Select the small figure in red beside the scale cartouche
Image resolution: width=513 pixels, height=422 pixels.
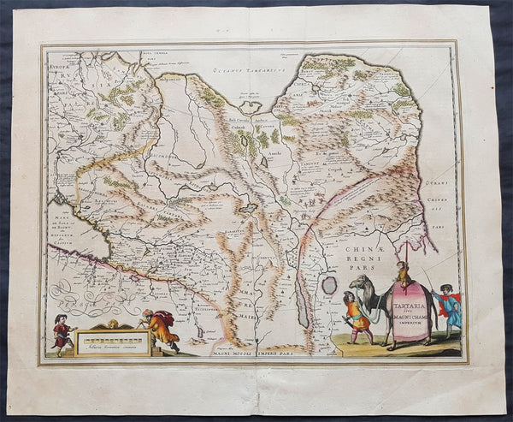62,333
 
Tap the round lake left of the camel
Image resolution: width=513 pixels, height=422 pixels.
329,284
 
